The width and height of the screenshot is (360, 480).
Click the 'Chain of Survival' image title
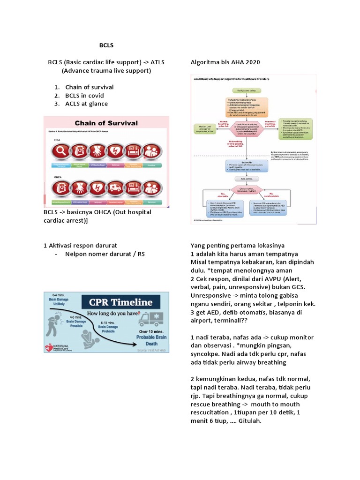(106, 123)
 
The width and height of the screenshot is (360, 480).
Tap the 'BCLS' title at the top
(106, 45)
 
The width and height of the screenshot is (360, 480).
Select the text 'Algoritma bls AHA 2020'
(225, 62)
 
